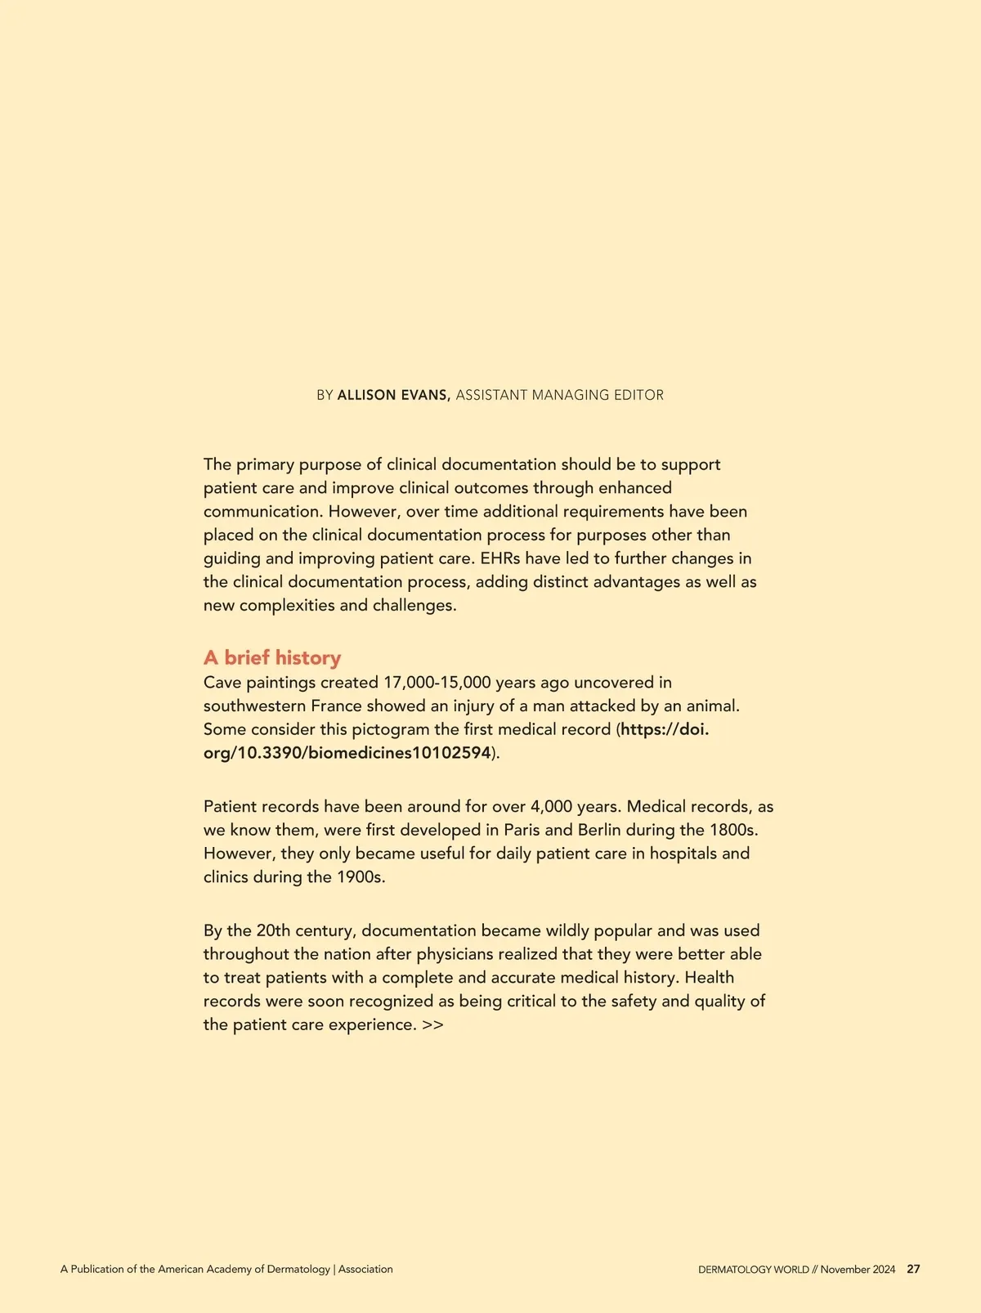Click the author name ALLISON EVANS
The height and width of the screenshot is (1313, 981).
point(393,395)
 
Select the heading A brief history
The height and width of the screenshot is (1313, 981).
point(272,658)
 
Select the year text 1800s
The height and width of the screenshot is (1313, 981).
point(733,830)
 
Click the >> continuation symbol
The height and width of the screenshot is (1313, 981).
point(433,1025)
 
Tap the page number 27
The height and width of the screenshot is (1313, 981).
point(913,1270)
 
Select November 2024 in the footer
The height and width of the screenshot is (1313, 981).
point(858,1270)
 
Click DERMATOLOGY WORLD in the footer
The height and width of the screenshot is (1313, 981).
point(753,1270)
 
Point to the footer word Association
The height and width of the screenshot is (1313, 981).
point(365,1270)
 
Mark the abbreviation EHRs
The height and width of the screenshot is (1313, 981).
point(499,559)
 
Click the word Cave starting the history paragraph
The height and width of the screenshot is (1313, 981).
point(222,683)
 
